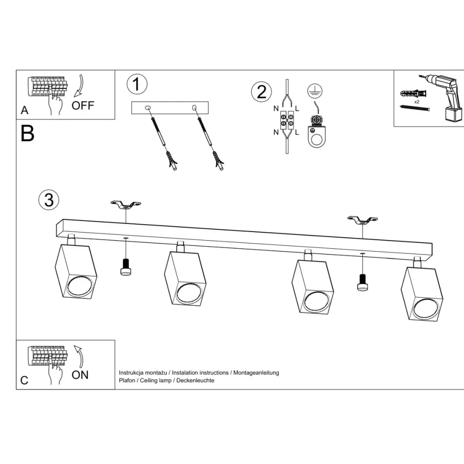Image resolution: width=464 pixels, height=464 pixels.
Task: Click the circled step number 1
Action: [137, 85]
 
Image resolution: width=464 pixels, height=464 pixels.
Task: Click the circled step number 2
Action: [261, 91]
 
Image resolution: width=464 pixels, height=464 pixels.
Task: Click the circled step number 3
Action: [49, 199]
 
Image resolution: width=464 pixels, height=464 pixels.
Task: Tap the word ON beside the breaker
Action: [80, 375]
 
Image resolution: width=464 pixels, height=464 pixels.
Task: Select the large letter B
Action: [28, 133]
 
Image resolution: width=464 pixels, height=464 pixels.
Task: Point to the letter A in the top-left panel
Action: [25, 110]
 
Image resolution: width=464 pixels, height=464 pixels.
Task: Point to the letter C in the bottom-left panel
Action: [24, 380]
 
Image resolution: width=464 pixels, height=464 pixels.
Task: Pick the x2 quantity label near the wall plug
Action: [417, 102]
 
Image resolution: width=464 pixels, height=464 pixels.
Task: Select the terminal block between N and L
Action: [287, 120]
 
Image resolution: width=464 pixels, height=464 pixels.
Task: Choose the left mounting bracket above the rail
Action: [125, 205]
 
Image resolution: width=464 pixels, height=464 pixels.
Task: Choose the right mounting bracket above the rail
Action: [362, 221]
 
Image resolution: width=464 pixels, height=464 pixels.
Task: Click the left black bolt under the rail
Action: [125, 267]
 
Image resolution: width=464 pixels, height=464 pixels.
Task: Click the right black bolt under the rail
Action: [362, 282]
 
